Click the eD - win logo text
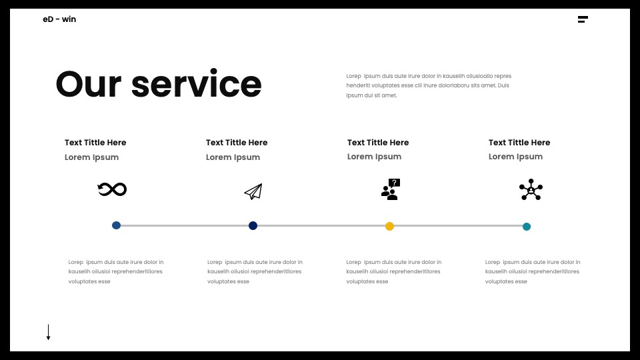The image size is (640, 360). point(59,19)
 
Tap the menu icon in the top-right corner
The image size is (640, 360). point(583,19)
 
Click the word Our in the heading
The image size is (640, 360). point(89,84)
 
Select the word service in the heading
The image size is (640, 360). point(196,84)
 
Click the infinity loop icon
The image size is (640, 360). point(112,189)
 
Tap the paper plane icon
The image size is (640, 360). point(253,191)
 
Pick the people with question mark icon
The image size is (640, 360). point(391,189)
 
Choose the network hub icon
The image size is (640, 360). point(531,189)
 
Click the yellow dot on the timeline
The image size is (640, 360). point(390,226)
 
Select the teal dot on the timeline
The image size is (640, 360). point(527,227)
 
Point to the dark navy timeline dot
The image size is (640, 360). point(253,226)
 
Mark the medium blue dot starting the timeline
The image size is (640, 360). point(116,225)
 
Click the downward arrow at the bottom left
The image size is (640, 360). point(48,332)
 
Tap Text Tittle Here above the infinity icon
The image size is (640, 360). point(95,143)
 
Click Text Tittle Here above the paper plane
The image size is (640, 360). point(237,143)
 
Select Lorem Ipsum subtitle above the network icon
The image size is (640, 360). point(515,157)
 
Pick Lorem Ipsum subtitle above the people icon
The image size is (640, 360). point(374,157)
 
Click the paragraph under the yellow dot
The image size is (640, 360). point(394,272)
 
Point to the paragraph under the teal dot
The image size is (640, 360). point(533,272)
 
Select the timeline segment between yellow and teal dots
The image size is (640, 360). point(458,226)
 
